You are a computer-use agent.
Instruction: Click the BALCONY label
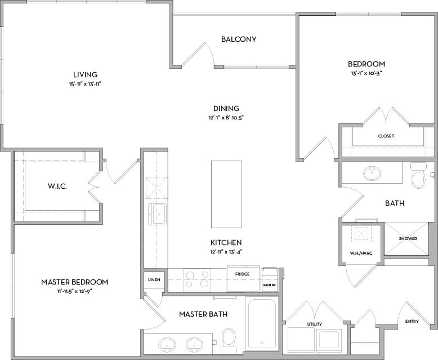coord(239,39)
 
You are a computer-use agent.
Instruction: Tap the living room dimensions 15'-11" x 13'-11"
coord(85,84)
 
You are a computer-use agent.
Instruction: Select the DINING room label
coord(226,108)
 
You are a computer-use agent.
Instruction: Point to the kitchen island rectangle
coord(226,193)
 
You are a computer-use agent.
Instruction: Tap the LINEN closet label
coord(154,279)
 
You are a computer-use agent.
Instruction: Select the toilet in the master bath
coord(229,339)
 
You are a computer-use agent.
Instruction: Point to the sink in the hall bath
coord(372,174)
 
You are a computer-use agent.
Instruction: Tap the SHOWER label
coord(408,238)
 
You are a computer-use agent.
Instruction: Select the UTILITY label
coord(314,325)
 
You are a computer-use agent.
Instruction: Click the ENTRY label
coord(412,322)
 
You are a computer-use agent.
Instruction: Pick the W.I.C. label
coord(57,186)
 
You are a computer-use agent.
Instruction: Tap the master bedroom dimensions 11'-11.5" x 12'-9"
coord(74,291)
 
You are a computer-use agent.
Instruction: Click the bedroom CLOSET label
coord(386,136)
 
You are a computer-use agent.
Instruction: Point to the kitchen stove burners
coord(197,280)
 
